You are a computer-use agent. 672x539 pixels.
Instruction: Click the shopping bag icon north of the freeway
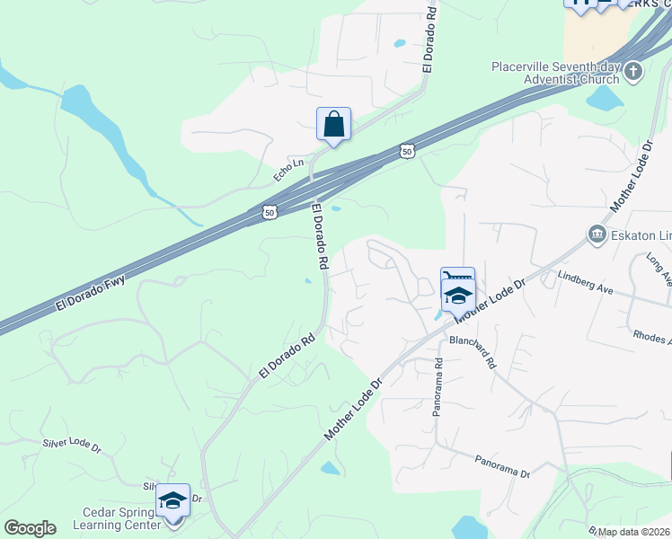(x=333, y=125)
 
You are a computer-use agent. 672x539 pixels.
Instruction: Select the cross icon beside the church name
(x=633, y=71)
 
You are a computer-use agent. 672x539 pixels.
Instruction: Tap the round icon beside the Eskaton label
(x=597, y=234)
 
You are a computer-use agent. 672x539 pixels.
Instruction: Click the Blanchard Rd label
(x=473, y=352)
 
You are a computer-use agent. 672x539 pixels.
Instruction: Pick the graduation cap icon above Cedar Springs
(x=172, y=499)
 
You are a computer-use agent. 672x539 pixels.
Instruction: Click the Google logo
(x=30, y=528)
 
